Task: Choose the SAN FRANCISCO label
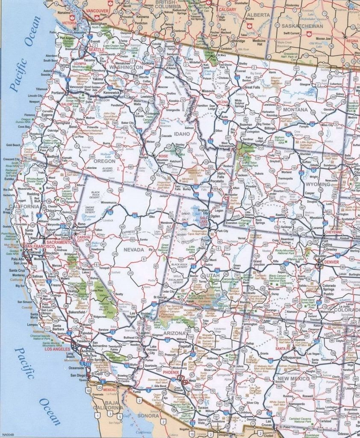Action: [40, 247]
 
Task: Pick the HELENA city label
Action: [222, 102]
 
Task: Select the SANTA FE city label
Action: [283, 349]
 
